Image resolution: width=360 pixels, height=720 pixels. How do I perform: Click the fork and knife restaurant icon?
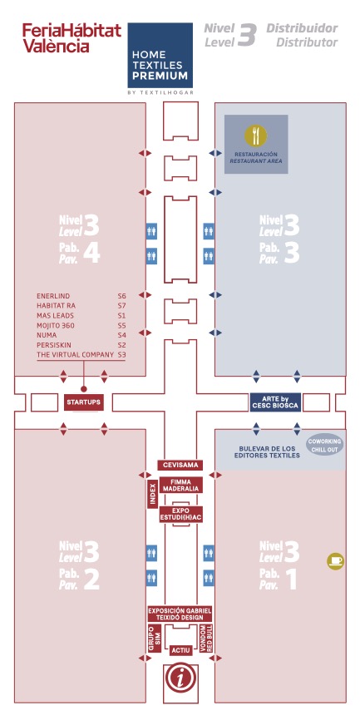[256, 135]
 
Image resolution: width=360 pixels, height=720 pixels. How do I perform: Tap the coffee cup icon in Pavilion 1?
[336, 561]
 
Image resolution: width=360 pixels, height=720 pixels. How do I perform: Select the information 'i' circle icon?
[180, 678]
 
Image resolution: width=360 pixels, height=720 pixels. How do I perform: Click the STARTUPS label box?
[84, 402]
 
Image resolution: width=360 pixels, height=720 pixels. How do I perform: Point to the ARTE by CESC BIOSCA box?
[275, 402]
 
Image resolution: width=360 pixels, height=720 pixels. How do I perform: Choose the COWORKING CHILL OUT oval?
[324, 445]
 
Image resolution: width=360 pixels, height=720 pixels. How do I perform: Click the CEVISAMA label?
[180, 465]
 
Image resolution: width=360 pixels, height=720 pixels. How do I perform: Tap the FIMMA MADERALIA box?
[181, 486]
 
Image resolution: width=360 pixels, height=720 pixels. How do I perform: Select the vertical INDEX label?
[152, 494]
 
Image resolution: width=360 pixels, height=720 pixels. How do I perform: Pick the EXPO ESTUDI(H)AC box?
[181, 515]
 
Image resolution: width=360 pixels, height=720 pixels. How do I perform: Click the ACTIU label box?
[180, 650]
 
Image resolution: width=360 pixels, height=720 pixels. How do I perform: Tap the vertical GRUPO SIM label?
[154, 638]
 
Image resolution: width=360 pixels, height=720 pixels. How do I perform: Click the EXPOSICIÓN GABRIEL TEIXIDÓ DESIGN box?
[180, 614]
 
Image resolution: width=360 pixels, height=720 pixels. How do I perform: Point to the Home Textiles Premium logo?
[160, 58]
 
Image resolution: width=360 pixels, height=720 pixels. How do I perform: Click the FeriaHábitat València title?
[72, 38]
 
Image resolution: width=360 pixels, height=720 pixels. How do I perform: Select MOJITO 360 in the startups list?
[56, 326]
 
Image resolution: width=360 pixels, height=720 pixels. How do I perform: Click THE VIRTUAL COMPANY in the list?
[75, 354]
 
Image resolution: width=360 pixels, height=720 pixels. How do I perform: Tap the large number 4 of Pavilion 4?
[91, 254]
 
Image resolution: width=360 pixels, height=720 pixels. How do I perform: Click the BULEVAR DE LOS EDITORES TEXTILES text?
[269, 451]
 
